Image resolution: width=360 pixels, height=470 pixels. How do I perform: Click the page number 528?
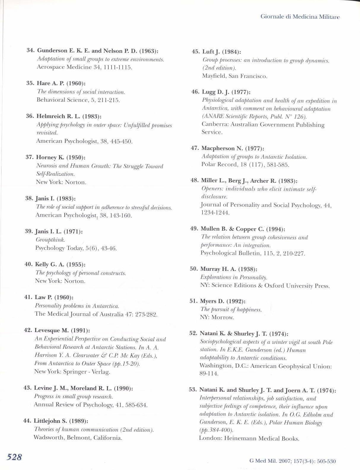coord(15,456)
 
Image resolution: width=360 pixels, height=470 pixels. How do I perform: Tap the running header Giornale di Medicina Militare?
coord(300,17)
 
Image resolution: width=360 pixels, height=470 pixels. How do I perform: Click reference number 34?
coord(31,50)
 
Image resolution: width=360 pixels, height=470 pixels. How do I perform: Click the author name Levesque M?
coord(51,330)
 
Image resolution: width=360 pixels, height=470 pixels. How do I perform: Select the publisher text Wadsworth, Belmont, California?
coord(78,437)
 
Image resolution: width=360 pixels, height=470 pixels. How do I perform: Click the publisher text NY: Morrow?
coord(217,317)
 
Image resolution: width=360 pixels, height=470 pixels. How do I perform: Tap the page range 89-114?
coord(209,374)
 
